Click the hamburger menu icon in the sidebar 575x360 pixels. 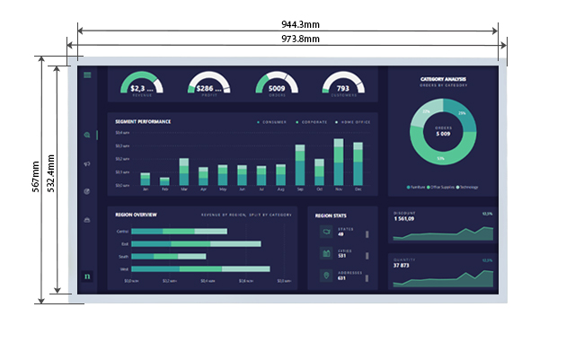point(87,75)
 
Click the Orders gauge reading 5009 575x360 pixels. point(277,84)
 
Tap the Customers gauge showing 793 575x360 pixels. point(343,84)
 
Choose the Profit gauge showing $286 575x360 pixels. point(209,84)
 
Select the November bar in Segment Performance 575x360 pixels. point(339,162)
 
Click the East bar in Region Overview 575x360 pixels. point(197,243)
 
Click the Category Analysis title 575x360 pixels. point(443,79)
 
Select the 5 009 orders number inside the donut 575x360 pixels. point(442,134)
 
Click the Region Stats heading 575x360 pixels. point(332,215)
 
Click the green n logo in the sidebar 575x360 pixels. point(87,276)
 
